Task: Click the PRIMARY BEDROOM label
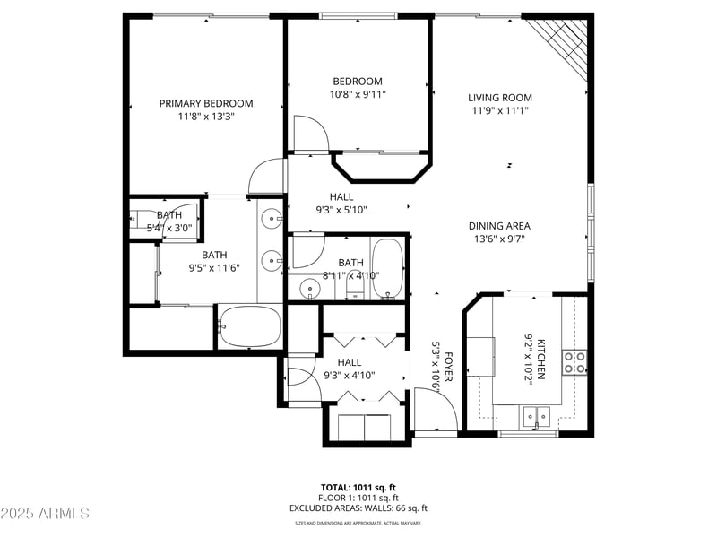pos(206,103)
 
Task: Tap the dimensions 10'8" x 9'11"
pos(358,94)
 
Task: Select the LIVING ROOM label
pos(500,98)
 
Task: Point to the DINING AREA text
pos(499,226)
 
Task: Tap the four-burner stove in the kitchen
pos(574,360)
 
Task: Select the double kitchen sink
pos(537,416)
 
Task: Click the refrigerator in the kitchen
pos(479,356)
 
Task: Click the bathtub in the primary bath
pos(250,327)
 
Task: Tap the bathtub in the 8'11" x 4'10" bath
pos(388,267)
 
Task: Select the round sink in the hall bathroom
pos(310,290)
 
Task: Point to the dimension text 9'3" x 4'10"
pos(349,376)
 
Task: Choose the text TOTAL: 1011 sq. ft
pos(358,486)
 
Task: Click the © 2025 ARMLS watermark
pos(45,514)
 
